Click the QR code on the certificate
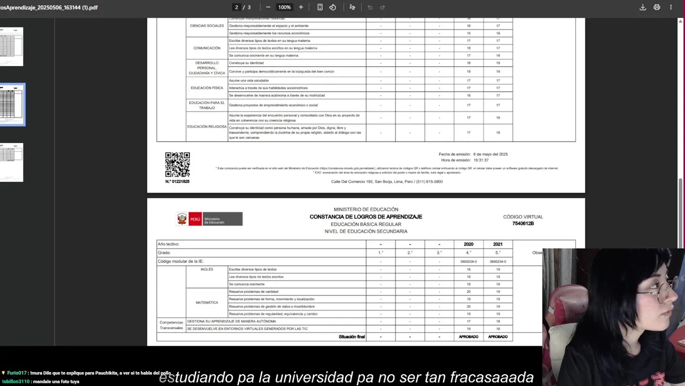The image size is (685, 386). pyautogui.click(x=177, y=165)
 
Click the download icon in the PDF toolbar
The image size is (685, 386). pyautogui.click(x=643, y=7)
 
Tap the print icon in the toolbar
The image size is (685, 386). pyautogui.click(x=657, y=7)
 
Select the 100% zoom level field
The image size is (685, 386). pyautogui.click(x=284, y=7)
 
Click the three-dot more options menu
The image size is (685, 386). pyautogui.click(x=671, y=7)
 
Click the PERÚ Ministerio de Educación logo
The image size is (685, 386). pyautogui.click(x=209, y=219)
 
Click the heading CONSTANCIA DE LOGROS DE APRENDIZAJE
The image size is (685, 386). pyautogui.click(x=366, y=217)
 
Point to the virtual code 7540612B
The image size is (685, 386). pyautogui.click(x=523, y=224)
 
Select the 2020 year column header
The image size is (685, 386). pyautogui.click(x=468, y=244)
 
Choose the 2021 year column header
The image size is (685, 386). pyautogui.click(x=498, y=244)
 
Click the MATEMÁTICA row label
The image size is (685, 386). pyautogui.click(x=207, y=302)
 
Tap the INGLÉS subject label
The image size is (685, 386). pyautogui.click(x=207, y=269)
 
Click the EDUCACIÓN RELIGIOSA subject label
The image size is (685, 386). pyautogui.click(x=207, y=127)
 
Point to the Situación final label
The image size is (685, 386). pyautogui.click(x=352, y=337)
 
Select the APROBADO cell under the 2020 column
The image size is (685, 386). pyautogui.click(x=468, y=337)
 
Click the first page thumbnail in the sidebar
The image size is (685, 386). pyautogui.click(x=11, y=47)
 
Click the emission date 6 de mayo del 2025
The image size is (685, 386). pyautogui.click(x=490, y=154)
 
